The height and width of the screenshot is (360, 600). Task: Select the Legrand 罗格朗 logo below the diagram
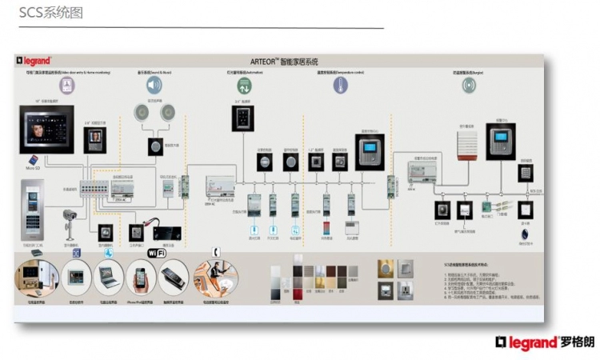click(545, 342)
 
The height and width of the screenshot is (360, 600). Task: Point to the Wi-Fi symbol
click(157, 253)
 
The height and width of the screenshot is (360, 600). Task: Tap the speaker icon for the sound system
click(153, 85)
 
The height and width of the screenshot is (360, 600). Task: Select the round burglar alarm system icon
click(469, 85)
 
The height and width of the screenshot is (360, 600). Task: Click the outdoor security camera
click(70, 216)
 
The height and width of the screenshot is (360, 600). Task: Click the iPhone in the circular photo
click(141, 278)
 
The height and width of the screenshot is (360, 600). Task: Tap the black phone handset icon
click(215, 250)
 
